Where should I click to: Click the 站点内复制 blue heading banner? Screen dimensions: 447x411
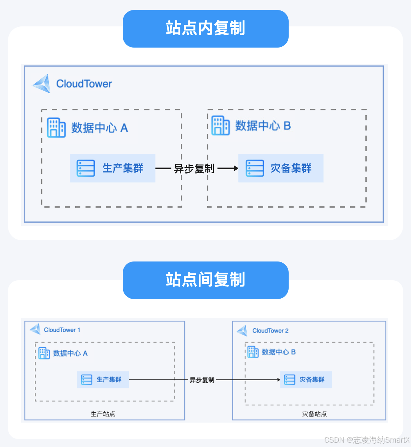click(205, 29)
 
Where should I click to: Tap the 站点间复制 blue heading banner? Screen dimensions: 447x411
click(205, 280)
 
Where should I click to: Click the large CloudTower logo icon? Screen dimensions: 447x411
click(42, 84)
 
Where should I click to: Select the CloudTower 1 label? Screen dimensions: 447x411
click(62, 330)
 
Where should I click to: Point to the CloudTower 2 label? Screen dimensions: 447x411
click(270, 331)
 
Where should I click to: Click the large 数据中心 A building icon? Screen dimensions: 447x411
click(56, 128)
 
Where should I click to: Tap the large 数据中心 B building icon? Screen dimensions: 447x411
click(220, 126)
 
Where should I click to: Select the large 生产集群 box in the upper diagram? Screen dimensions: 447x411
click(112, 168)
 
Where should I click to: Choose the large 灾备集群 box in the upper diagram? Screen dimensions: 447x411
click(281, 168)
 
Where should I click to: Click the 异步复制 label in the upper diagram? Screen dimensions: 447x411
click(194, 169)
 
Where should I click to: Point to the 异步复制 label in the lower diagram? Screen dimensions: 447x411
click(202, 380)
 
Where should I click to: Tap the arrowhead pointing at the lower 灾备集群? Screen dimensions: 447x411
click(279, 380)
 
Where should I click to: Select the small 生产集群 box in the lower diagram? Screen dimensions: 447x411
click(103, 379)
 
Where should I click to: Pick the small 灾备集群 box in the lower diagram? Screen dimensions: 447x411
click(306, 379)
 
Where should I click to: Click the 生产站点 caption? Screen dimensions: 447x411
click(103, 414)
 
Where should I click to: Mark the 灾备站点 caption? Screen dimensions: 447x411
click(314, 414)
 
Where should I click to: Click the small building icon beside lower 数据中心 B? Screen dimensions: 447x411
click(253, 352)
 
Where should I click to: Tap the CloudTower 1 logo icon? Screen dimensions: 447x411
click(35, 329)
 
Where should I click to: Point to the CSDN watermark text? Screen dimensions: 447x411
click(367, 440)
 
